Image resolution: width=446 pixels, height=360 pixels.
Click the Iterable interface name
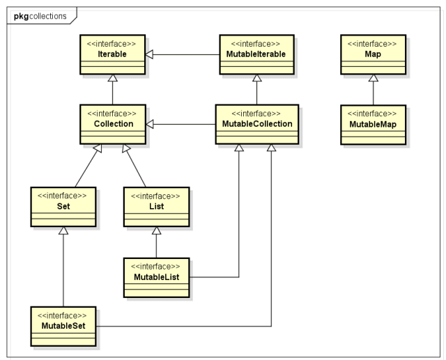click(112, 54)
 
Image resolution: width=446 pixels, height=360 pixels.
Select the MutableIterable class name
click(256, 54)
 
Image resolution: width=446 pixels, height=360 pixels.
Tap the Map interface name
click(373, 54)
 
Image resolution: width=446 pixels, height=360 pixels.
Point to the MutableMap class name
click(373, 124)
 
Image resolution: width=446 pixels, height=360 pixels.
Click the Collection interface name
click(114, 124)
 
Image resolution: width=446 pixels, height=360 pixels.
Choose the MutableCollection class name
click(257, 124)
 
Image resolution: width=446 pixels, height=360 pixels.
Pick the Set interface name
click(63, 206)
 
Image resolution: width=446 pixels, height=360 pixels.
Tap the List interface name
click(156, 206)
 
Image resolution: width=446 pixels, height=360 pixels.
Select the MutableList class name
click(156, 277)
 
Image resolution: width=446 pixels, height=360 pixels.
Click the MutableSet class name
click(63, 326)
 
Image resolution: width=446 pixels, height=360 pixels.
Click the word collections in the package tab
click(48, 16)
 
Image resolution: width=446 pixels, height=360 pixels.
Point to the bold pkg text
click(22, 17)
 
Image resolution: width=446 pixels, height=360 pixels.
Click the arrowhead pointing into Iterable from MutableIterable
click(149, 54)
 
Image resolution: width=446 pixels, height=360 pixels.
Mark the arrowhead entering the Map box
click(374, 78)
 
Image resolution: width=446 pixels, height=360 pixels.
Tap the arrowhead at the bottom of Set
click(63, 230)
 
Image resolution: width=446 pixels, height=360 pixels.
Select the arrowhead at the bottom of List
click(156, 230)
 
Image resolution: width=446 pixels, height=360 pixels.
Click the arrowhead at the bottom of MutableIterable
click(257, 78)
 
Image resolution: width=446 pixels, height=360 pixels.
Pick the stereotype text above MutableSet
click(62, 315)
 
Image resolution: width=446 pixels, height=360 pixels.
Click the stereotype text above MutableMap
click(372, 114)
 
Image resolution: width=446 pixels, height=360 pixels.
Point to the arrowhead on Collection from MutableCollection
click(150, 124)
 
